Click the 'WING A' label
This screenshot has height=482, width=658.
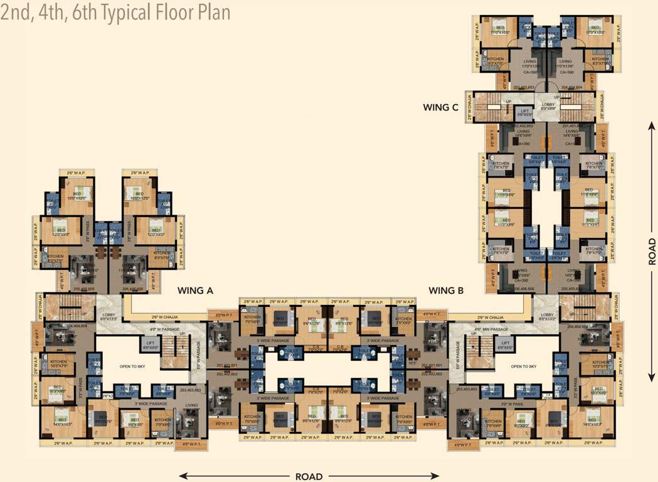point(196,291)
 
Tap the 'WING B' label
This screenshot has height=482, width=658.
point(446,291)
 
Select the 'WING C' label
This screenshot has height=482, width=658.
point(445,107)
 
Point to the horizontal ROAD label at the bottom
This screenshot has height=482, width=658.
point(309,476)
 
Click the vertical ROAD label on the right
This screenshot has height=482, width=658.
point(652,251)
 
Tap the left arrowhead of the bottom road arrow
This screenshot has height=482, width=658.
point(182,476)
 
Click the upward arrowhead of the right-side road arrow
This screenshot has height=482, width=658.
point(652,125)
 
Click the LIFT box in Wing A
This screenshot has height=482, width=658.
point(150,343)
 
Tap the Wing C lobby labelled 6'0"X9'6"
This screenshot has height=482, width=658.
point(548,105)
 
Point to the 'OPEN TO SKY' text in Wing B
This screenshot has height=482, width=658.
point(525,367)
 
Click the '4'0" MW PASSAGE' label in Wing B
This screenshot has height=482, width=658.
point(490,328)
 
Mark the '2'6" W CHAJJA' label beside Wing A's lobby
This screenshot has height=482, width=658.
point(166,317)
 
